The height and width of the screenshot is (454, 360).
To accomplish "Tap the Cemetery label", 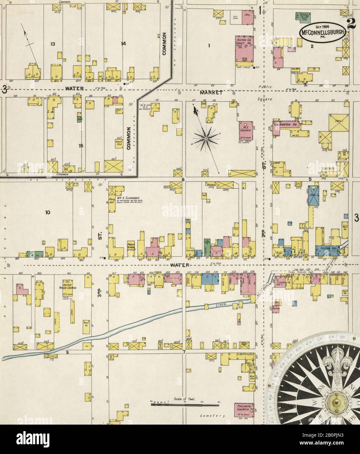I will pos(213,416).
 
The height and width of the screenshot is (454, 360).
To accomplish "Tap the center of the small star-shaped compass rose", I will pos(206,139).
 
